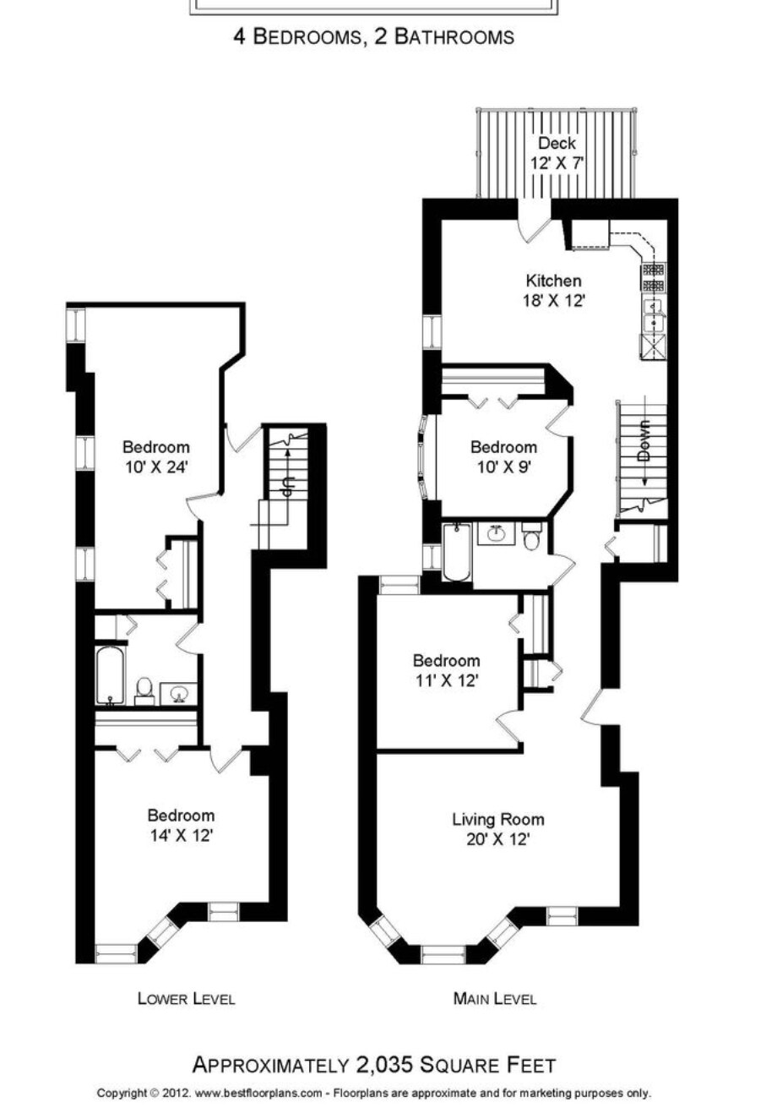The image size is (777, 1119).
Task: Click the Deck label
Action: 557,144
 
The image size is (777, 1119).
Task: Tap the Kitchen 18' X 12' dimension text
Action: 553,301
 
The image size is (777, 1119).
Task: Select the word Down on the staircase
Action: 644,440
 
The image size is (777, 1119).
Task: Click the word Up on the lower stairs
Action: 289,484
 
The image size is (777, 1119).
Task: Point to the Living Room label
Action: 497,820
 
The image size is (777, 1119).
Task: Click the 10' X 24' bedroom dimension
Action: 156,467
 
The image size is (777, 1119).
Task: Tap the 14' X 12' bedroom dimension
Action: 182,836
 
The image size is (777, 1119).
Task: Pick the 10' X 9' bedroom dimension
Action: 503,467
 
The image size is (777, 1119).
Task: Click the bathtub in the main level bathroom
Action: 457,552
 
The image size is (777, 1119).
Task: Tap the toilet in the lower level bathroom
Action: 144,691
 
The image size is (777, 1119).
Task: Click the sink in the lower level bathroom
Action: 177,693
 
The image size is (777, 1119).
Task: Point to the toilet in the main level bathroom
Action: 531,536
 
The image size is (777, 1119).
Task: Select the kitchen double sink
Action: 653,316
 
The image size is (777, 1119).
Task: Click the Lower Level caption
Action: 186,999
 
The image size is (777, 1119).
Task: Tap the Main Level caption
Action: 494,999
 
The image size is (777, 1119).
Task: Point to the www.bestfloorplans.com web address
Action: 258,1094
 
